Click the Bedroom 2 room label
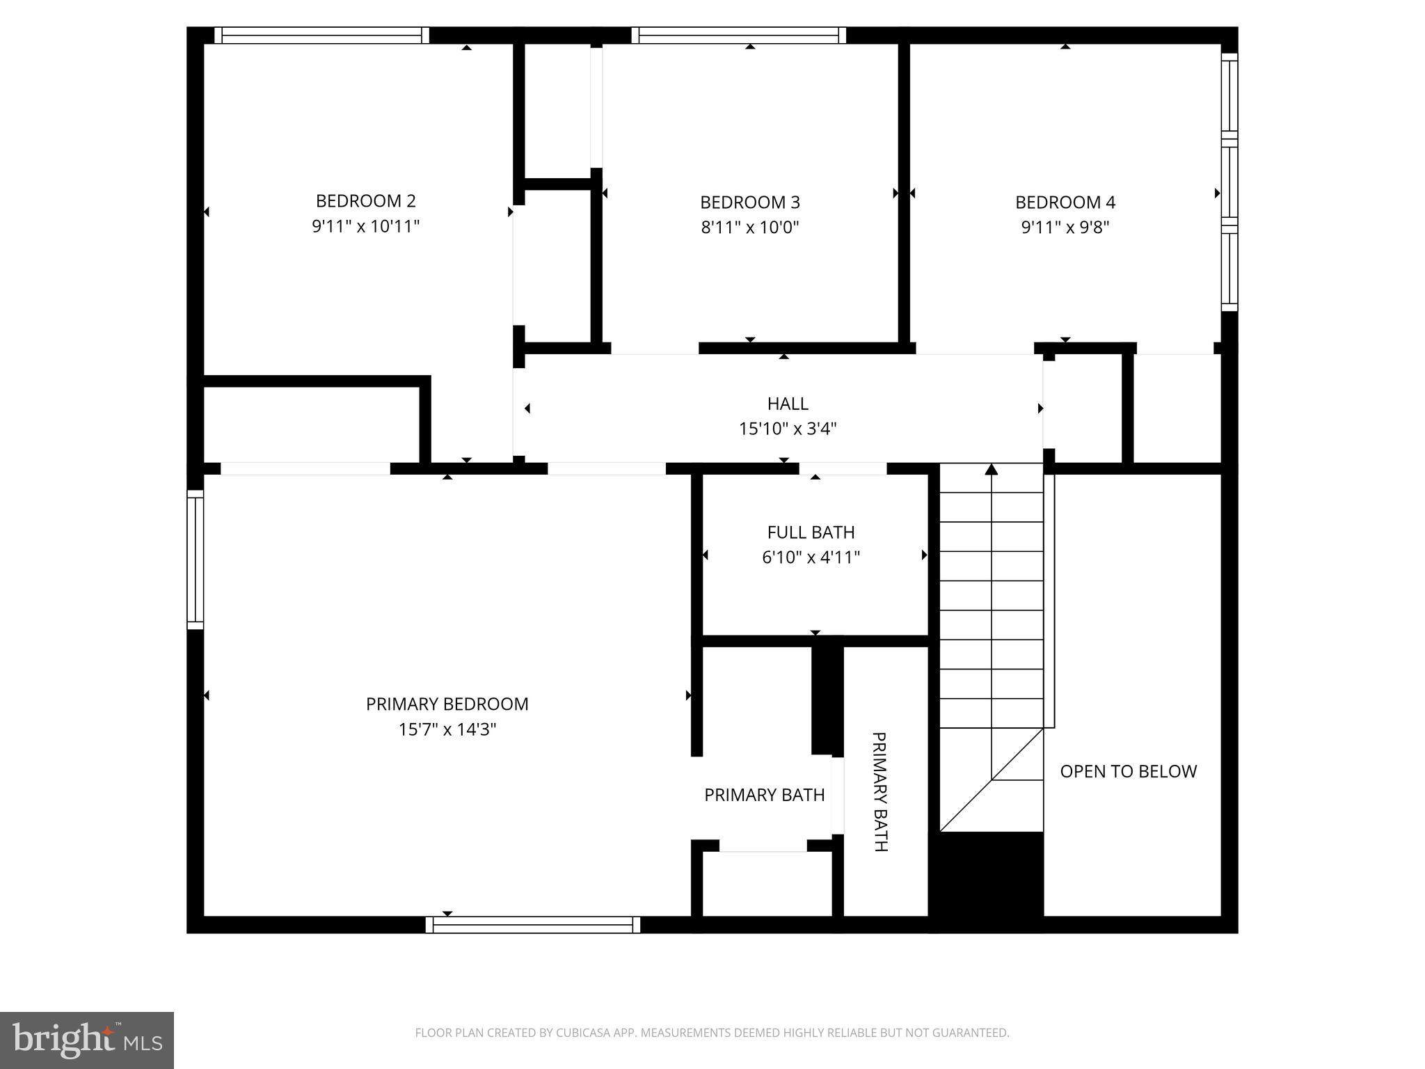(x=365, y=201)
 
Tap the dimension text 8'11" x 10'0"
(x=749, y=228)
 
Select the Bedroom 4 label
(x=1065, y=203)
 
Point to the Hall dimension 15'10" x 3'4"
(x=787, y=429)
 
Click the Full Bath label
(x=811, y=532)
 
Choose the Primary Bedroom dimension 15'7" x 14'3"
(x=447, y=729)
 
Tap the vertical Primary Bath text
(x=879, y=791)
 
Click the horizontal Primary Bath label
(x=764, y=795)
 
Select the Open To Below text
(x=1128, y=771)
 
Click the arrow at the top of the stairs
(x=992, y=470)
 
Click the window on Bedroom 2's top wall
(x=321, y=35)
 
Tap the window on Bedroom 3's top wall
(x=738, y=35)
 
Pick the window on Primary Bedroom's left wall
(x=196, y=560)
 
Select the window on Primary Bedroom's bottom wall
(x=533, y=924)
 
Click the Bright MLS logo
(x=87, y=1040)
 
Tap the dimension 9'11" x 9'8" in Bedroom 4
(x=1065, y=228)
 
